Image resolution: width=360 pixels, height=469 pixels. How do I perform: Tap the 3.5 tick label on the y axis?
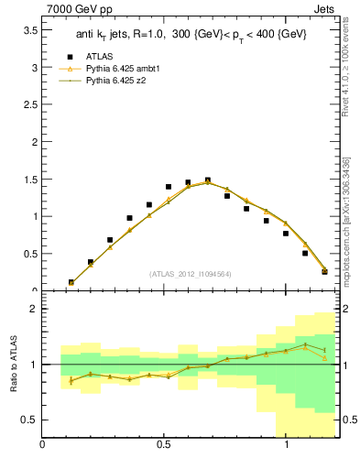tap(29, 30)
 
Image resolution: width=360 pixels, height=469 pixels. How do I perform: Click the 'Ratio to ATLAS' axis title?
tap(14, 365)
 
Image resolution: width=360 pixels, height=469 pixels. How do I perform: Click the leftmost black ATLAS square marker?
tap(71, 283)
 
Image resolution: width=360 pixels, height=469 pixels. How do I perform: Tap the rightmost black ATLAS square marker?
tap(324, 271)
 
